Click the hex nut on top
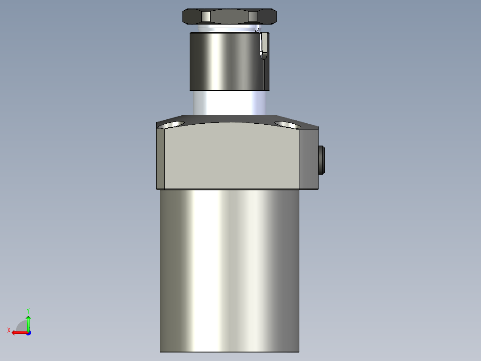(229, 17)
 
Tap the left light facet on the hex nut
(206, 17)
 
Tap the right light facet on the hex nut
(253, 17)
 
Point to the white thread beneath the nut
(225, 29)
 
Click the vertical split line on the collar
(264, 74)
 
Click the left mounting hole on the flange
(173, 123)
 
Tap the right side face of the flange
(308, 159)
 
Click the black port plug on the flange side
(322, 160)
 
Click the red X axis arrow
(18, 332)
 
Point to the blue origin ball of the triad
(28, 332)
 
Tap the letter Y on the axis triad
(28, 310)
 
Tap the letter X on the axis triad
(8, 330)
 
